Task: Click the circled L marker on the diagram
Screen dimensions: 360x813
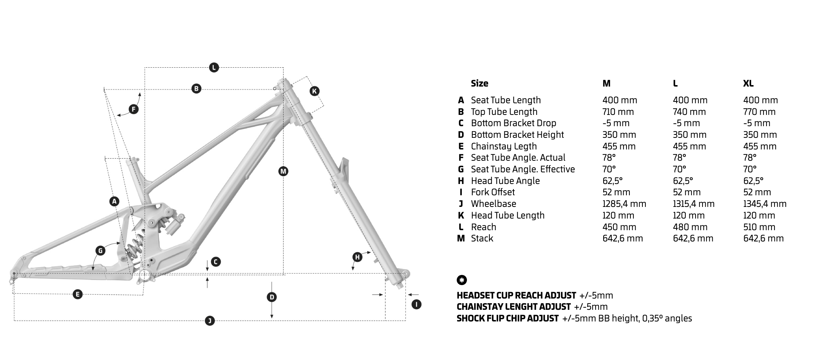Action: point(214,67)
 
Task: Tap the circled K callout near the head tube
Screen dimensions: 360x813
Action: point(315,91)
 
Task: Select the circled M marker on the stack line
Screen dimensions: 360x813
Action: point(283,171)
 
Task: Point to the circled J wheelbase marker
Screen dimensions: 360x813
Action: point(210,321)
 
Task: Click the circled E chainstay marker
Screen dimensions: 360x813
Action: point(77,294)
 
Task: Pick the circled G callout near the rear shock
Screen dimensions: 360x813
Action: point(100,250)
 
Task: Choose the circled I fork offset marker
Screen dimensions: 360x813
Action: point(416,304)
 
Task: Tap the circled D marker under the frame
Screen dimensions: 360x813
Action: point(272,297)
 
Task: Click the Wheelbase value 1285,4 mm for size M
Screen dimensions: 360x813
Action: point(624,204)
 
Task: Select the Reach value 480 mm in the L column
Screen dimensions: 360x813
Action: point(690,227)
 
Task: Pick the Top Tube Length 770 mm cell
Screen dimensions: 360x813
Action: point(759,112)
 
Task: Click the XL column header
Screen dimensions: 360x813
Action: point(748,83)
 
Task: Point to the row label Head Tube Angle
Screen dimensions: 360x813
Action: point(505,181)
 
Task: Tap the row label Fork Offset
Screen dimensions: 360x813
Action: point(493,192)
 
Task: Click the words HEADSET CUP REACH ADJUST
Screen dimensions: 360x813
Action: point(516,295)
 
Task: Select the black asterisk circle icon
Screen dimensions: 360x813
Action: point(462,280)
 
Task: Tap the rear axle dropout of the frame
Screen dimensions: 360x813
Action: point(14,274)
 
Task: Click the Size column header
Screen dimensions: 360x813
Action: point(479,83)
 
